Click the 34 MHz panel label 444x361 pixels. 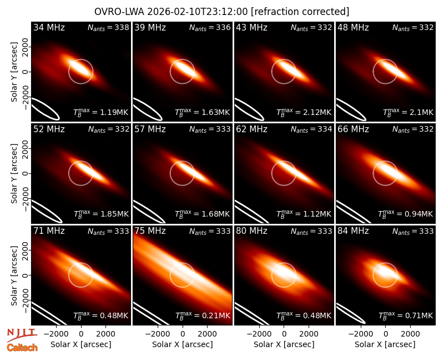click(x=49, y=27)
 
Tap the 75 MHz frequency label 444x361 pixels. click(x=150, y=231)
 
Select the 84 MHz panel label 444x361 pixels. click(x=353, y=231)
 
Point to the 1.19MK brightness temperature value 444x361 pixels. click(x=114, y=113)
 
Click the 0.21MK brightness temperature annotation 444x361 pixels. click(x=216, y=315)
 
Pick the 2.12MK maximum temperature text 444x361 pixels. click(x=317, y=113)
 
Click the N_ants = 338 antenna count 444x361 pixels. click(x=108, y=27)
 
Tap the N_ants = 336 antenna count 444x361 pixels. click(x=210, y=27)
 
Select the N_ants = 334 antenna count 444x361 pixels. click(x=311, y=129)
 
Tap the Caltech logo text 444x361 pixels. click(x=22, y=348)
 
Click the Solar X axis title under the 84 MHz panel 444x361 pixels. click(x=385, y=344)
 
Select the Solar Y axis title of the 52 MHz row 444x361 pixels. click(x=14, y=173)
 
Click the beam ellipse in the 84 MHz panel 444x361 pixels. click(x=351, y=314)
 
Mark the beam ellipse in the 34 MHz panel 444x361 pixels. click(x=46, y=109)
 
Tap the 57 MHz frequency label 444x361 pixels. click(x=150, y=129)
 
